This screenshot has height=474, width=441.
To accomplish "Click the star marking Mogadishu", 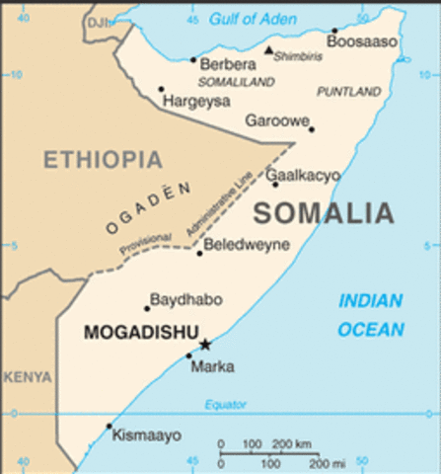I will tap(205, 344).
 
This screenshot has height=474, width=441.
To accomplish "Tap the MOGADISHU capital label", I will tap(142, 333).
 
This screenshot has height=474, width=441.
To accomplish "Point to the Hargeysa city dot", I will tap(161, 89).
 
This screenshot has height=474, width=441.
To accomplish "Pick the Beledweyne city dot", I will tap(199, 254).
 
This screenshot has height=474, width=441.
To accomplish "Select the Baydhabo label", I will tap(185, 298).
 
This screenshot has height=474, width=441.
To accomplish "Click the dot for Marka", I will tap(189, 355).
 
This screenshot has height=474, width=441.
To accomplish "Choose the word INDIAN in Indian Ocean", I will tap(371, 301).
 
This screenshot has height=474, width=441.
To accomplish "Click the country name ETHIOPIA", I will tap(102, 159).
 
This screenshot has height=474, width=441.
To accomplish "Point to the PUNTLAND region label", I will tap(348, 92).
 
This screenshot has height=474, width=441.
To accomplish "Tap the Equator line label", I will tap(225, 405).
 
